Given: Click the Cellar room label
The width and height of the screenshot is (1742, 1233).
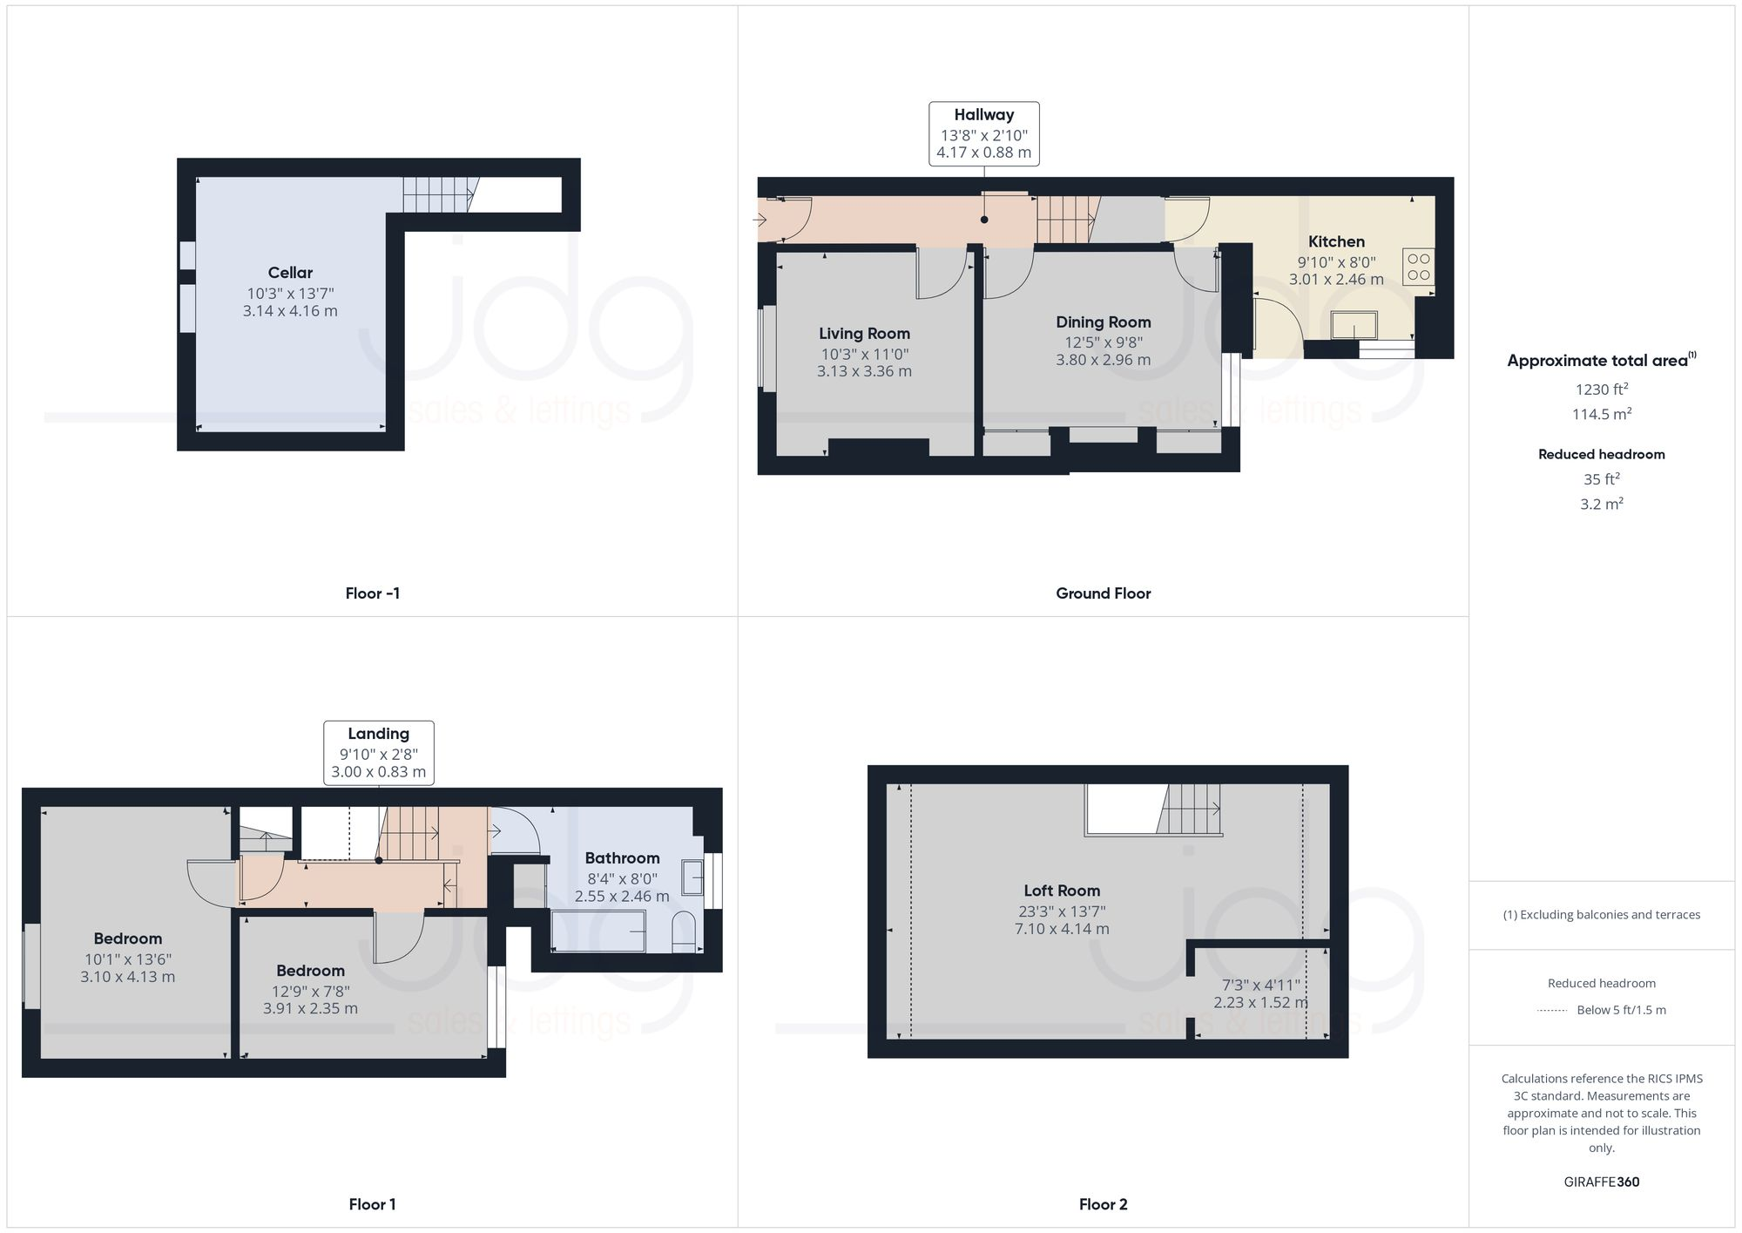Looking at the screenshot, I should [x=290, y=273].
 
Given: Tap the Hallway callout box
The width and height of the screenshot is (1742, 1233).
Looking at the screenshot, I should [x=983, y=133].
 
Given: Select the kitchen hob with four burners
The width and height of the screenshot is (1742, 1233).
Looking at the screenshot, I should [x=1418, y=268].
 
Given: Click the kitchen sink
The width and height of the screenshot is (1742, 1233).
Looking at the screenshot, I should [x=1354, y=325].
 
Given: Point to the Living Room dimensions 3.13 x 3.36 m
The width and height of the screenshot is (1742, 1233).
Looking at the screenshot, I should [x=864, y=371].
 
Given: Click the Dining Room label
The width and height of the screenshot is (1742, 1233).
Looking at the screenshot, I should [x=1103, y=322].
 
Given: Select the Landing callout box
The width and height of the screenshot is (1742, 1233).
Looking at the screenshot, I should [x=378, y=753].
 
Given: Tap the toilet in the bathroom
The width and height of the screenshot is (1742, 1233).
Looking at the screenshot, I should [x=685, y=931].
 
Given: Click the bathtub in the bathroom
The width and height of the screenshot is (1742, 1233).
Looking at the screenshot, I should [x=598, y=931].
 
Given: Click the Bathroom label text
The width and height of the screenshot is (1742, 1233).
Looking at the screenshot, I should [x=622, y=858].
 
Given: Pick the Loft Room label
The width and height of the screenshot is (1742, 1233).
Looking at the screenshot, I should [x=1061, y=891].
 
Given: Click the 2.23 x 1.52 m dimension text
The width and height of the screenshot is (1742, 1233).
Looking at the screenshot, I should [x=1260, y=1003].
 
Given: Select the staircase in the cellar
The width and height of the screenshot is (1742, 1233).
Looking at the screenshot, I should [x=439, y=194].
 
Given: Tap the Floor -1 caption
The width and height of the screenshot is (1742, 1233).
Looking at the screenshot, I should [x=372, y=593].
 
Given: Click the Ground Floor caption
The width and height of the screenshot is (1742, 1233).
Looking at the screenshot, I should [x=1103, y=593].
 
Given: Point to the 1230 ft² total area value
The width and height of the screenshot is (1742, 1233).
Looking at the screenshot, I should [x=1601, y=390].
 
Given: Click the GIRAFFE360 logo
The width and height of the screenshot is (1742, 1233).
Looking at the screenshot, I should [x=1601, y=1182].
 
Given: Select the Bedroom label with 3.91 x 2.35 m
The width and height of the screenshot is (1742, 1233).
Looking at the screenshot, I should [x=310, y=971].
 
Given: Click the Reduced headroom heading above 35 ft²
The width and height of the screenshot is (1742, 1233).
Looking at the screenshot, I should [x=1601, y=454].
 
